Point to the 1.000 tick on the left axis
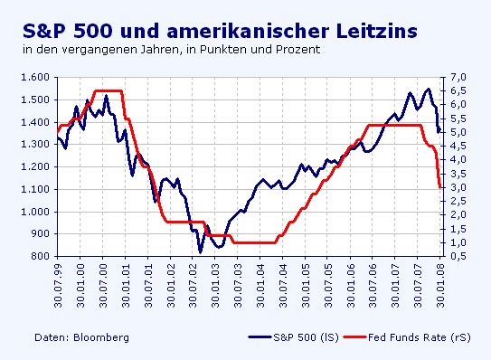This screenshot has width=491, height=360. tap(37, 212)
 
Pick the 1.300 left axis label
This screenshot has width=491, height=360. tap(37, 144)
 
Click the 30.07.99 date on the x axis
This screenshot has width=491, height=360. tap(59, 282)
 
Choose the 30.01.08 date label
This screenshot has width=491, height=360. tap(440, 282)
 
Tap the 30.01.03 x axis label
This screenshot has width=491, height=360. tap(216, 282)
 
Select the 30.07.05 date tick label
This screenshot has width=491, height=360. tap(328, 282)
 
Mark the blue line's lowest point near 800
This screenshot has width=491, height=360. tap(200, 252)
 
